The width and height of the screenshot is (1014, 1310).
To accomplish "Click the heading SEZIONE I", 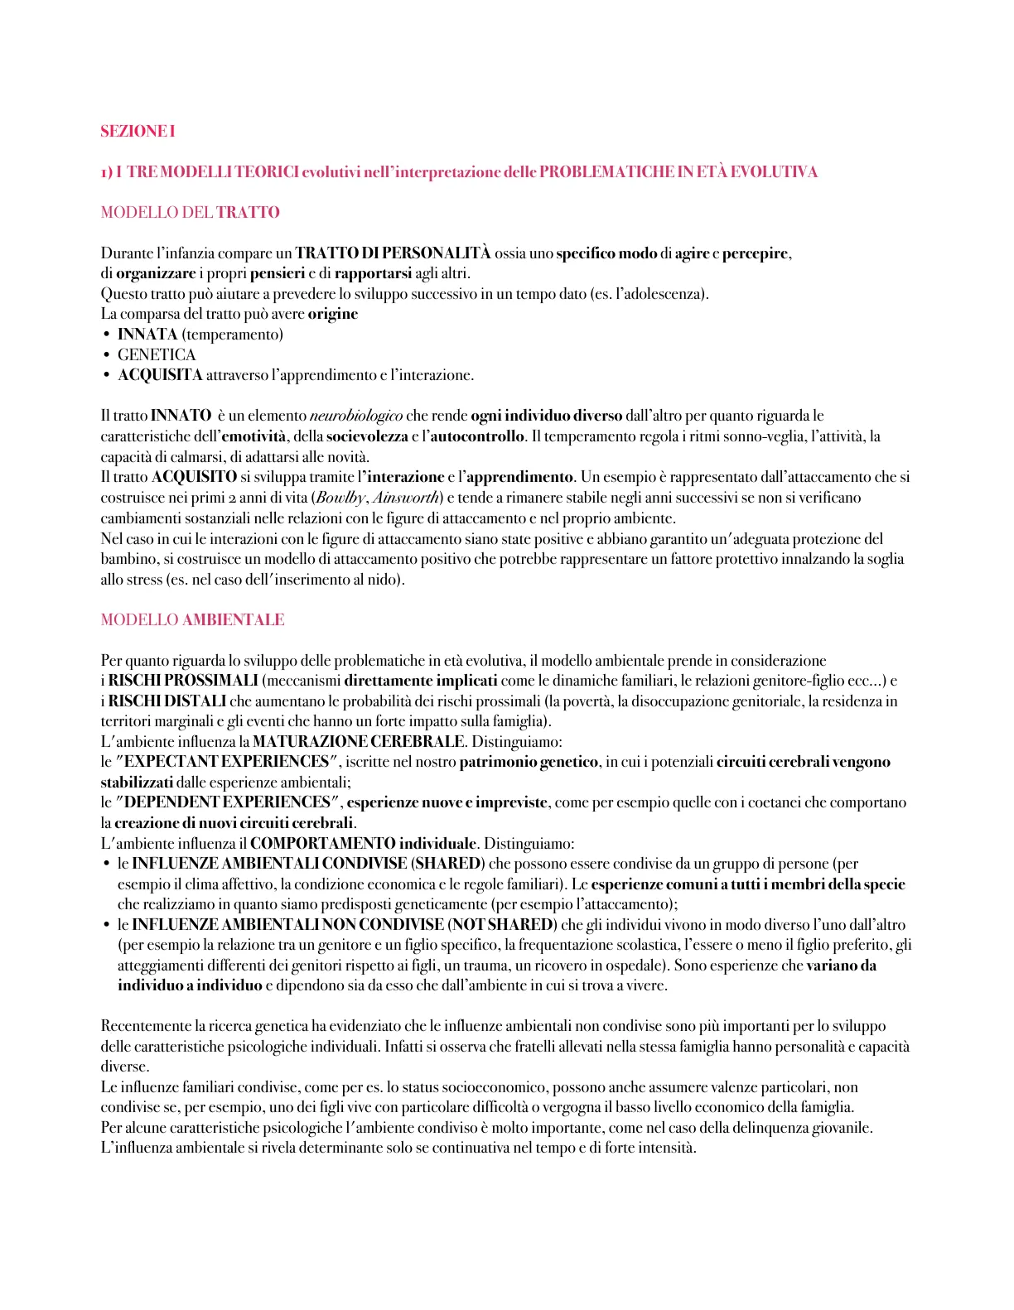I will point(138,131).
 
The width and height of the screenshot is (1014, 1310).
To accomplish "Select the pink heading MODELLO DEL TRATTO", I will point(190,212).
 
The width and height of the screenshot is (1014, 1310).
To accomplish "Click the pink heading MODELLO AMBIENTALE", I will point(192,619).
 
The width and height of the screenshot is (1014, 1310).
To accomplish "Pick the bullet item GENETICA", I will point(157,354).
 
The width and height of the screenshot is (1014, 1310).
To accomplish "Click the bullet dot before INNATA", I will point(106,335).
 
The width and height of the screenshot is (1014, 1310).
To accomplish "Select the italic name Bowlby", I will point(340,498).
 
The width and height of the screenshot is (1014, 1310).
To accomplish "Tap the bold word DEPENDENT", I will point(171,802).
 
